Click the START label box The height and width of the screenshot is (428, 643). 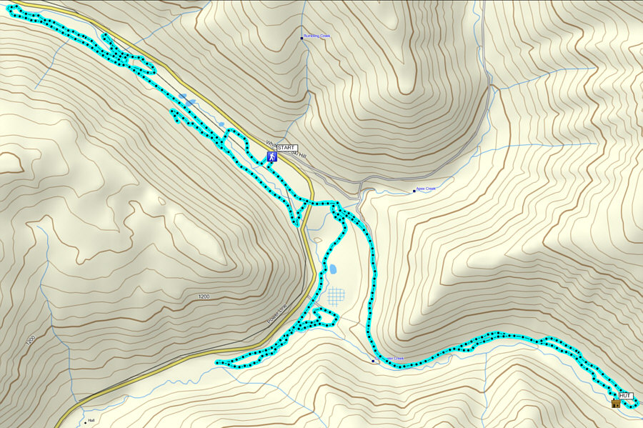click(286, 147)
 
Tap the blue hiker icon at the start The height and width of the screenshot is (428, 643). click(271, 156)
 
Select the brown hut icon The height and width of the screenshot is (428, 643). click(615, 404)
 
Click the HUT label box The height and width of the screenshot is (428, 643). click(625, 395)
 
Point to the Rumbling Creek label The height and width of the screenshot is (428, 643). click(318, 36)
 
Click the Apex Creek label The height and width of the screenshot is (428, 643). click(426, 189)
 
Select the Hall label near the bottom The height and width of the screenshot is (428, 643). click(91, 420)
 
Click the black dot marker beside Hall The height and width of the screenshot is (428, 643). click(85, 422)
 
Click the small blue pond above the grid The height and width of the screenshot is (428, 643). click(333, 269)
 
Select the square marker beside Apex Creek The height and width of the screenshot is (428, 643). click(414, 191)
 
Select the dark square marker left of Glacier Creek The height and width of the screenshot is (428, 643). click(373, 361)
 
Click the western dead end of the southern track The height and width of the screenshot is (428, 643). click(216, 363)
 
